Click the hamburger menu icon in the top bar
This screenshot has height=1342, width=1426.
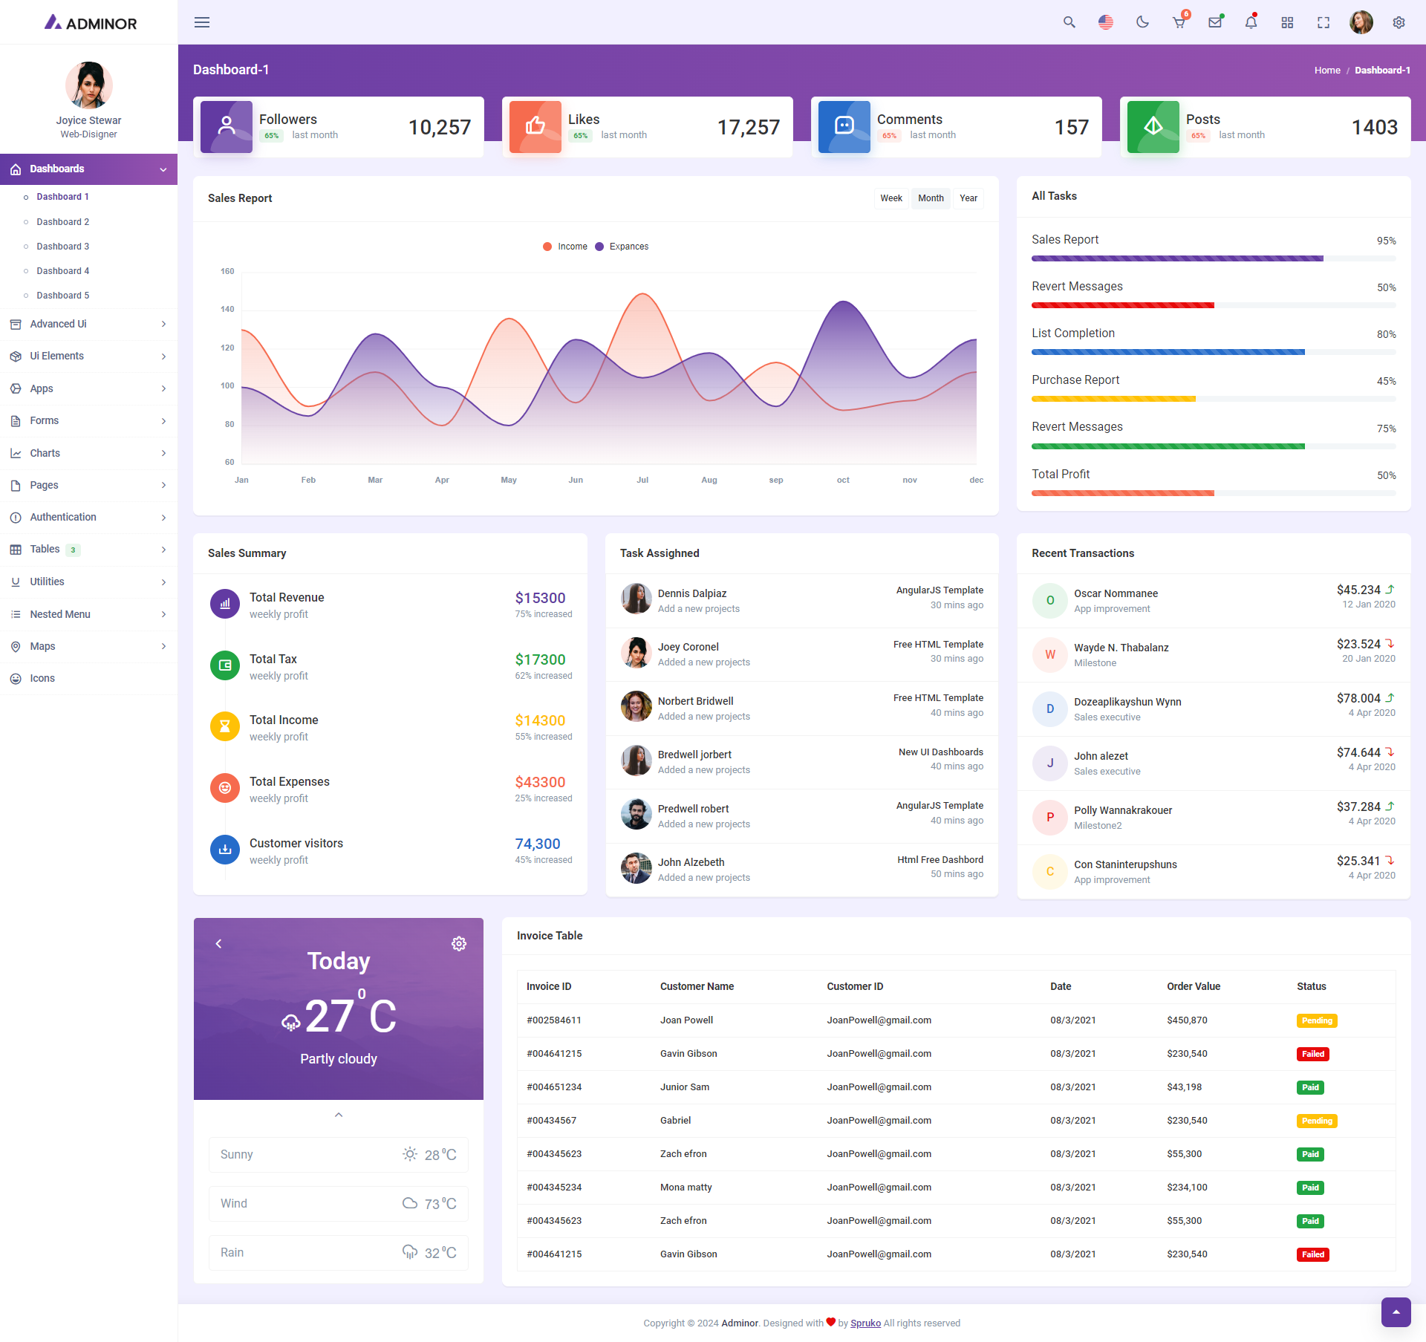click(x=202, y=22)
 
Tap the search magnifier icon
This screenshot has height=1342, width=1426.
click(x=1069, y=22)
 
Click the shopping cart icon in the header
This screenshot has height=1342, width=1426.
click(x=1179, y=22)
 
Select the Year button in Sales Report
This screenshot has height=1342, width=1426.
click(x=968, y=198)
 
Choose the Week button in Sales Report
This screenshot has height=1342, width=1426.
click(x=891, y=198)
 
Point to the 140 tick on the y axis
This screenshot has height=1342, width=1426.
click(x=227, y=310)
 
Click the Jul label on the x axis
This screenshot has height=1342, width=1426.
click(x=642, y=481)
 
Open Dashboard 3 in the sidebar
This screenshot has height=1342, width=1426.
click(x=63, y=247)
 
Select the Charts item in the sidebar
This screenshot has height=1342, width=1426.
click(x=45, y=453)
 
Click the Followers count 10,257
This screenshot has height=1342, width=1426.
click(x=440, y=128)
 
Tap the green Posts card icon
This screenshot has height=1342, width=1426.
click(x=1153, y=127)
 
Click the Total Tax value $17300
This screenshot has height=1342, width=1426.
click(x=540, y=659)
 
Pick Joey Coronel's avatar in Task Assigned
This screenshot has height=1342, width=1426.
click(x=637, y=653)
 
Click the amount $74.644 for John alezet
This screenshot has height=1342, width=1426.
click(x=1358, y=752)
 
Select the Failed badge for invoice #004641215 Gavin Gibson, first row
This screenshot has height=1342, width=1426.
click(x=1312, y=1054)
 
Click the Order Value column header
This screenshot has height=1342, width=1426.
click(x=1194, y=986)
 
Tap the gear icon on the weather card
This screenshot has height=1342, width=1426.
click(x=459, y=944)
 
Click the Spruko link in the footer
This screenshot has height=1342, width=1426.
click(x=865, y=1323)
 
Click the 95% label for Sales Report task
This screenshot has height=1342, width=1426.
click(x=1386, y=241)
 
